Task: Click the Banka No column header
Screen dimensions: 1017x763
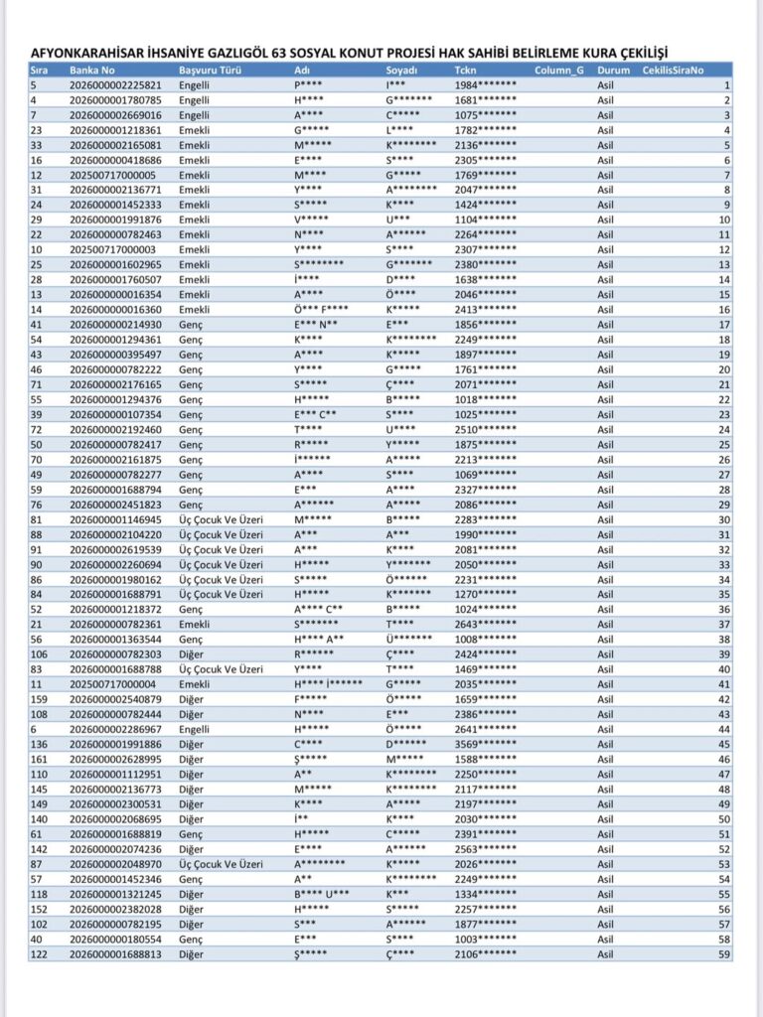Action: pos(92,72)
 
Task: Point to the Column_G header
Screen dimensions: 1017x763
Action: pos(558,72)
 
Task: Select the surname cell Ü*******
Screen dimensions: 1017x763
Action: pos(408,641)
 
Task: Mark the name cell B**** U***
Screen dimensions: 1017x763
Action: pos(321,895)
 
